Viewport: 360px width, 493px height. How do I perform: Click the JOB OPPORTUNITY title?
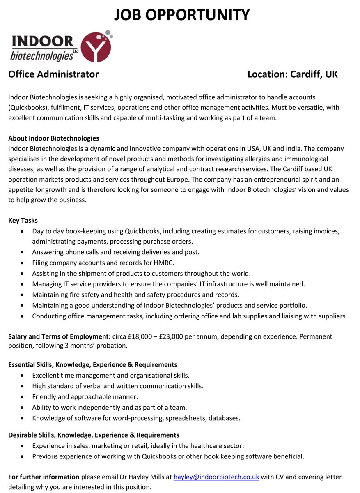[x=182, y=15]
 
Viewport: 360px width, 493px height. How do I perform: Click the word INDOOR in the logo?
[x=43, y=41]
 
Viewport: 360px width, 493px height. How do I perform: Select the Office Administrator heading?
[x=53, y=74]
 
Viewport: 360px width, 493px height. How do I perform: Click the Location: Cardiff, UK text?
[x=292, y=74]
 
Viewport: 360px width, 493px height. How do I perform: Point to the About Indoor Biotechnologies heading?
[x=53, y=138]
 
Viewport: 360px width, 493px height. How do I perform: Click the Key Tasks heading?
[x=23, y=221]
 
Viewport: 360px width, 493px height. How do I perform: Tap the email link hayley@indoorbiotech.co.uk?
[x=216, y=477]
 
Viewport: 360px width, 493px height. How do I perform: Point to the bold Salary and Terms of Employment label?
[x=59, y=336]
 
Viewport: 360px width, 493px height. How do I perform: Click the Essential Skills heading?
[x=92, y=364]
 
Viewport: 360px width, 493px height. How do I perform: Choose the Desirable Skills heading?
[x=94, y=435]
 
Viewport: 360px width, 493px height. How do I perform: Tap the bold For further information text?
[x=44, y=477]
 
